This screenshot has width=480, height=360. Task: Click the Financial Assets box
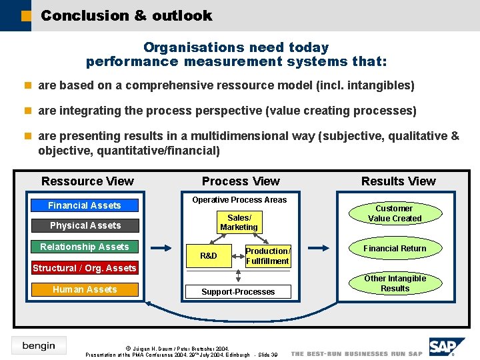click(x=85, y=205)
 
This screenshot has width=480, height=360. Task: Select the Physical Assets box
click(x=85, y=225)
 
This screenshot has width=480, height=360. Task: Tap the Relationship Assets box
click(x=85, y=247)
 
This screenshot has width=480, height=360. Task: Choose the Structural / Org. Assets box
click(x=85, y=268)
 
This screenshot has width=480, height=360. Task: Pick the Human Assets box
click(x=85, y=289)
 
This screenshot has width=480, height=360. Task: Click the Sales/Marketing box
click(x=239, y=223)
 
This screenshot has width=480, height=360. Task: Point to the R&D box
click(x=209, y=255)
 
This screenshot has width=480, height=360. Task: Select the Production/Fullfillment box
click(x=267, y=256)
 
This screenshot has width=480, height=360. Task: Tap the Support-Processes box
click(x=238, y=291)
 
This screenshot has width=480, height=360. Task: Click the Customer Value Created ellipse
click(x=395, y=213)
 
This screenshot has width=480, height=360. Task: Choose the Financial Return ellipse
click(x=395, y=249)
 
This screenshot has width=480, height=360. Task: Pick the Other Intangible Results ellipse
click(x=395, y=283)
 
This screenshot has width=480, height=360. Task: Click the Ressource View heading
click(x=87, y=181)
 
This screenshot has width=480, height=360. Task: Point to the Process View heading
click(x=241, y=181)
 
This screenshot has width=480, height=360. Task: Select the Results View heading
click(x=398, y=181)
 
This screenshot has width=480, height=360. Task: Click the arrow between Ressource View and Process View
click(x=161, y=248)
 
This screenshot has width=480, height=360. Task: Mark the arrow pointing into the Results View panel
click(x=317, y=248)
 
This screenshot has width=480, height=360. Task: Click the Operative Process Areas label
click(x=239, y=200)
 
